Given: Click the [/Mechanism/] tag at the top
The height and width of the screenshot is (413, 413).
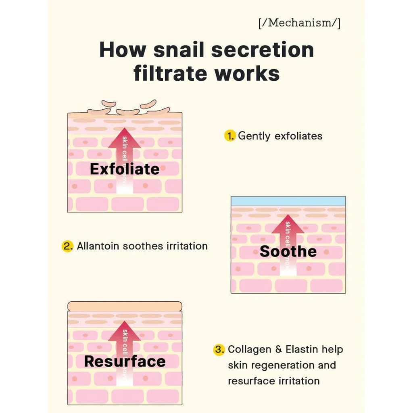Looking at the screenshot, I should (x=299, y=23).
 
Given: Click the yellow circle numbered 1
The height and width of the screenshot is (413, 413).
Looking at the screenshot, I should (x=229, y=136).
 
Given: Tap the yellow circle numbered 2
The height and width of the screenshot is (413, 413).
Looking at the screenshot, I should (x=67, y=246).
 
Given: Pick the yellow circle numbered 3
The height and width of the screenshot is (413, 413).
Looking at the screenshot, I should (x=219, y=349).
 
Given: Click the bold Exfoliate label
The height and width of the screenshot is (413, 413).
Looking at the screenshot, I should (x=125, y=169).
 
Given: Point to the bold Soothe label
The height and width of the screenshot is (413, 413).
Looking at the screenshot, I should (x=288, y=251).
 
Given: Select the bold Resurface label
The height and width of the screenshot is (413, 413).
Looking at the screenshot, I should (x=125, y=361).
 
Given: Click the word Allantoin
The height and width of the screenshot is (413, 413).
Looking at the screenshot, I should (x=98, y=246).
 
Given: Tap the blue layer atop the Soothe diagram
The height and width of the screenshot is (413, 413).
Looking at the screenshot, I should (x=288, y=201).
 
